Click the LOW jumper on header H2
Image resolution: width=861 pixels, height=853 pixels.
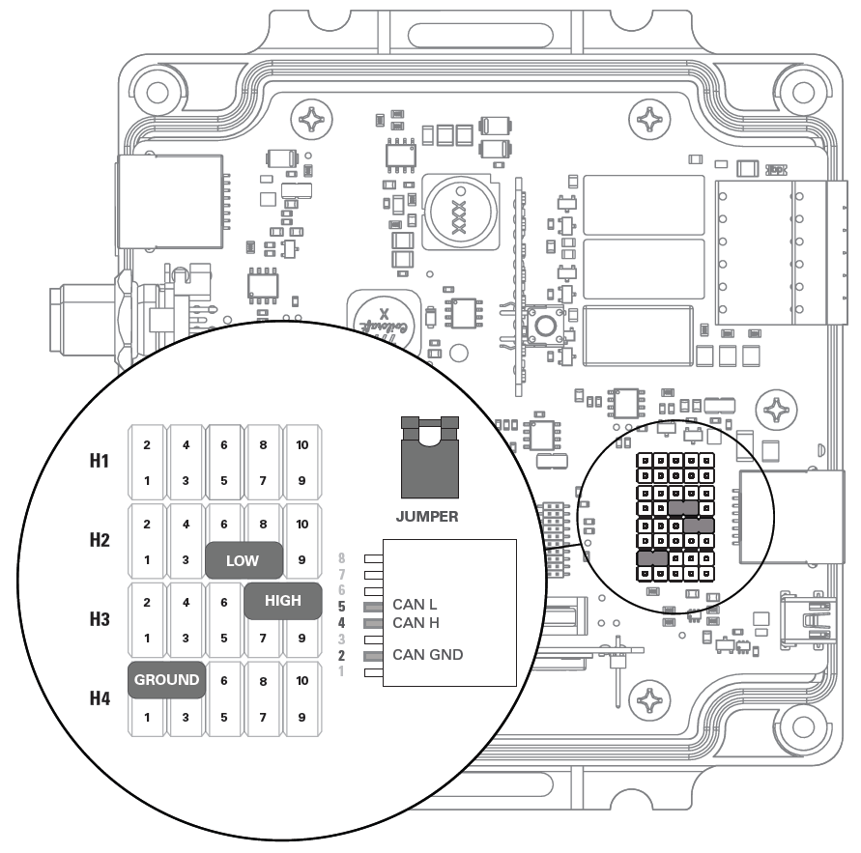(x=244, y=559)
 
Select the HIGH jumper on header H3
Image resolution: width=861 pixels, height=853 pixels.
(x=282, y=600)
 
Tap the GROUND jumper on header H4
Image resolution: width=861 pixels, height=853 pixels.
(x=166, y=679)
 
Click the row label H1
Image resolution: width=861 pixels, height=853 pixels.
(x=99, y=461)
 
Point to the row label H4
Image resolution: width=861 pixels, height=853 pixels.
(x=99, y=697)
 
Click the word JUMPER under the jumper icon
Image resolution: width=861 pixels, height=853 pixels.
(x=427, y=516)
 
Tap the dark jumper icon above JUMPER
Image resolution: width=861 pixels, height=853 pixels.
(x=427, y=459)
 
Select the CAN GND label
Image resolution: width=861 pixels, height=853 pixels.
(x=427, y=655)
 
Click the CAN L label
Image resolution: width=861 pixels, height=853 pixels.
(x=414, y=605)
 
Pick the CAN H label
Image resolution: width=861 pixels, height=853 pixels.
(x=415, y=623)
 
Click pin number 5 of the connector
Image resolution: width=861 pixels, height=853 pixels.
(x=341, y=606)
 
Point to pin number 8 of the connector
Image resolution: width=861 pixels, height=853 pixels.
(x=341, y=557)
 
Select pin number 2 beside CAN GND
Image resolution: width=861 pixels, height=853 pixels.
(x=341, y=655)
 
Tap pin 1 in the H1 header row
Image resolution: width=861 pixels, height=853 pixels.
(x=147, y=479)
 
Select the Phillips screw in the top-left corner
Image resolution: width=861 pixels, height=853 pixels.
(x=316, y=121)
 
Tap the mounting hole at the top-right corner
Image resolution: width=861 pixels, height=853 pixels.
(x=801, y=92)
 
